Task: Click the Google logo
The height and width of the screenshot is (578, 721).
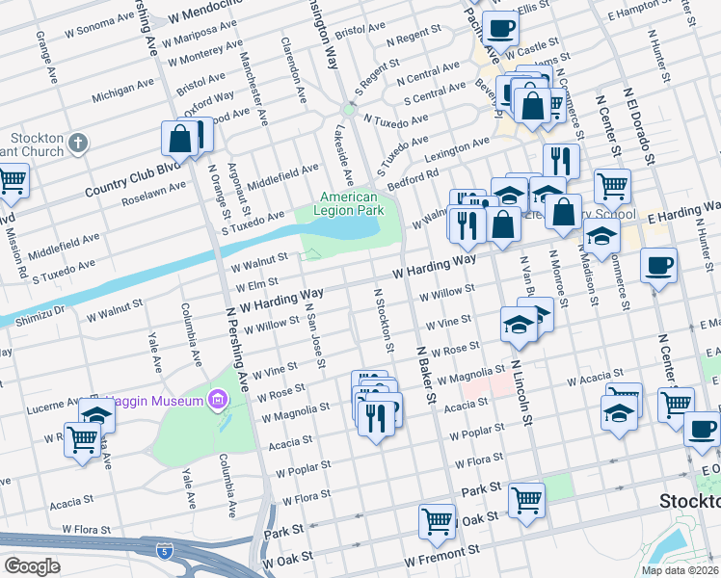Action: click(x=32, y=566)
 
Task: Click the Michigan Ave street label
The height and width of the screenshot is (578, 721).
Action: click(x=122, y=92)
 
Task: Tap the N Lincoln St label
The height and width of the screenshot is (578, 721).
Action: click(x=521, y=390)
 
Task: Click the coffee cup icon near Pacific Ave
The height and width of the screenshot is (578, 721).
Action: click(x=501, y=28)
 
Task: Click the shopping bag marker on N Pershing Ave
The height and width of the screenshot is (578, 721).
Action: click(x=180, y=139)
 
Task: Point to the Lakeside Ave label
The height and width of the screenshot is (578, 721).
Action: click(x=346, y=156)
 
